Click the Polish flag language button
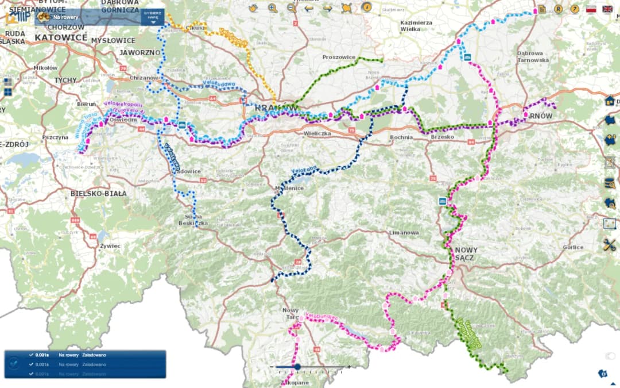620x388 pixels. [x=591, y=9]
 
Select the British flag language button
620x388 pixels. [x=607, y=9]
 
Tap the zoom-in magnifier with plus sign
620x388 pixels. [x=272, y=8]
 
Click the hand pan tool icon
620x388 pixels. [x=253, y=8]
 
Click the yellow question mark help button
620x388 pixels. [x=574, y=9]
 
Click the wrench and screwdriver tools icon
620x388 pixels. [x=609, y=244]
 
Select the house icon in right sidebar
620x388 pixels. [x=610, y=101]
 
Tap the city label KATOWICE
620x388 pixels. [x=61, y=37]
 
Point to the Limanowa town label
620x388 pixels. [x=404, y=233]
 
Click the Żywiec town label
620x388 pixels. [x=110, y=245]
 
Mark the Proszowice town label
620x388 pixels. [x=339, y=57]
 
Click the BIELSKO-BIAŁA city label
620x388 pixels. [x=99, y=193]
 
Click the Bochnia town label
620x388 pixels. [x=401, y=137]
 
